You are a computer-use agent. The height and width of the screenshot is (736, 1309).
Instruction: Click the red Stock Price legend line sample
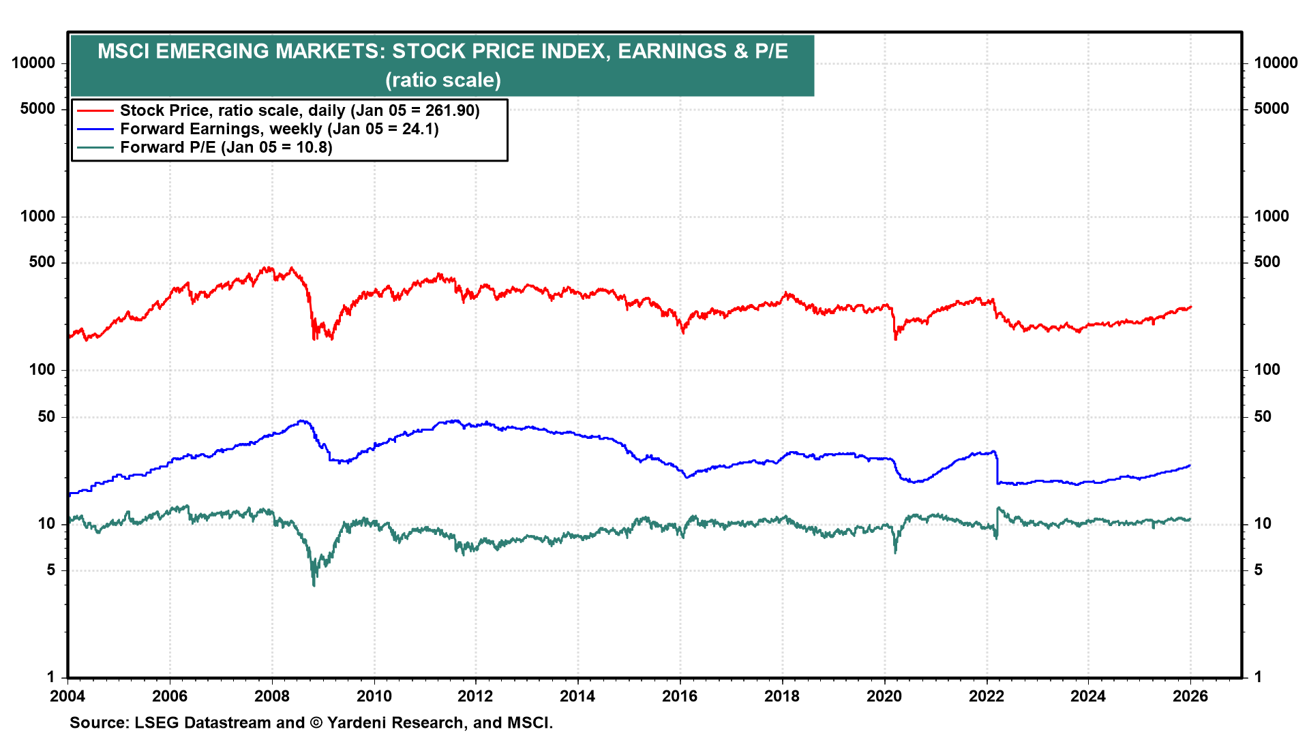click(95, 110)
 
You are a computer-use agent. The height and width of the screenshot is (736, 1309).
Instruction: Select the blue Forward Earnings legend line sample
click(95, 129)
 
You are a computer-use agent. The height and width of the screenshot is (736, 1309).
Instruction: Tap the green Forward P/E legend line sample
click(95, 147)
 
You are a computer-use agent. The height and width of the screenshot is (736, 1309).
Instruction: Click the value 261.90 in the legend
click(450, 110)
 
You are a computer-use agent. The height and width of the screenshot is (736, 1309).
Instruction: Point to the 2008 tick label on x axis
click(271, 696)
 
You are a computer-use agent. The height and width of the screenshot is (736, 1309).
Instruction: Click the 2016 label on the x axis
click(680, 696)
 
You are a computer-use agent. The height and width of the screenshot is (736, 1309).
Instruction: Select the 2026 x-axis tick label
click(1190, 696)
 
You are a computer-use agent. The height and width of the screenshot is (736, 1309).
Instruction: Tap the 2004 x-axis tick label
click(67, 696)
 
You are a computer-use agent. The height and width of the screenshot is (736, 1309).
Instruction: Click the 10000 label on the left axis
click(33, 63)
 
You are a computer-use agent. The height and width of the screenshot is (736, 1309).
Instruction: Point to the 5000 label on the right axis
click(1272, 108)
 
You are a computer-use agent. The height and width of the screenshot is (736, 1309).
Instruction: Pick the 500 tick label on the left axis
click(42, 262)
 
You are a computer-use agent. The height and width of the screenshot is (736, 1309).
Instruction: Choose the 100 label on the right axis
click(1267, 369)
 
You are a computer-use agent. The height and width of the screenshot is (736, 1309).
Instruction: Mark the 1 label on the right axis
click(1258, 677)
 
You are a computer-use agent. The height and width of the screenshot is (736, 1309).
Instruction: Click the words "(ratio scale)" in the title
click(443, 80)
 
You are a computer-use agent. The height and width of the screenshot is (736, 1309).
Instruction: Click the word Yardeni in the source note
click(355, 722)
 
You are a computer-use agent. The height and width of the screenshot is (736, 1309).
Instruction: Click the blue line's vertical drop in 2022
click(997, 469)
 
